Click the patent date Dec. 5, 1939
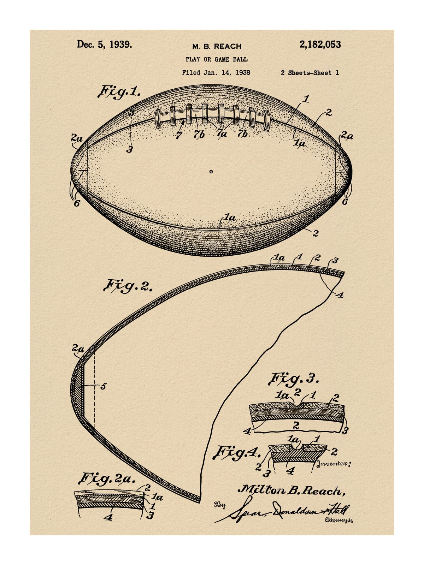[104, 44]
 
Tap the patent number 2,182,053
[320, 44]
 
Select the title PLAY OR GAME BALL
[217, 59]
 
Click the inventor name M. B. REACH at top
[217, 46]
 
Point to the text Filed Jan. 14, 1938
[216, 73]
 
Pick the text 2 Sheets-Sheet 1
[310, 73]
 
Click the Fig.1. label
[119, 93]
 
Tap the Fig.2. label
[128, 286]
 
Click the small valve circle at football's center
[211, 171]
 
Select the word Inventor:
[334, 464]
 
